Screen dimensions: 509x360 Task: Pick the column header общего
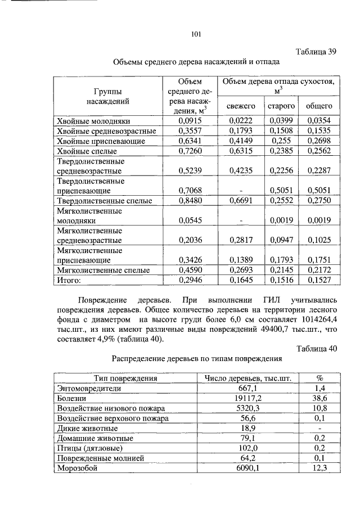click(x=318, y=106)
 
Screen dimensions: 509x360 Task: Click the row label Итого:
click(x=70, y=280)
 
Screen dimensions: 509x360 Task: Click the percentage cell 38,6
click(x=319, y=398)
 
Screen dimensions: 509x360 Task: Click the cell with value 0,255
click(x=281, y=141)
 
